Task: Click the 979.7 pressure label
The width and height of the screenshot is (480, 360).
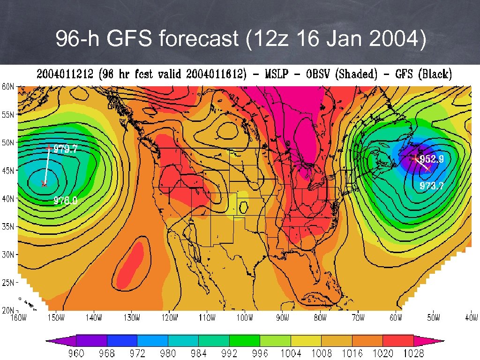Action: pos(65,149)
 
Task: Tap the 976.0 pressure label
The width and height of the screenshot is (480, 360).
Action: pos(65,201)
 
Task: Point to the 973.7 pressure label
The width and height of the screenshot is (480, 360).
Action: pos(432,186)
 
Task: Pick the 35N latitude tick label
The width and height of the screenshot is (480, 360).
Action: pos(7,226)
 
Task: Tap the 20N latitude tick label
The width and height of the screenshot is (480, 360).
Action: pos(7,310)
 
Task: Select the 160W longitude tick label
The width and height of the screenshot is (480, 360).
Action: pos(18,318)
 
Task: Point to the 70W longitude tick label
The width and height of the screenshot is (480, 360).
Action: pos(358,318)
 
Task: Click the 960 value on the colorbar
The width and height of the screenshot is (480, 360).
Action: pos(76,353)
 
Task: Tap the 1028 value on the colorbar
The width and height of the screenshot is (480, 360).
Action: pos(412,353)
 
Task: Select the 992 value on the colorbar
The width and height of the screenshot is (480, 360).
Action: pos(229,353)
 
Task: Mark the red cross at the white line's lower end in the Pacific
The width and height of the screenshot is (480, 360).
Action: pos(44,184)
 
